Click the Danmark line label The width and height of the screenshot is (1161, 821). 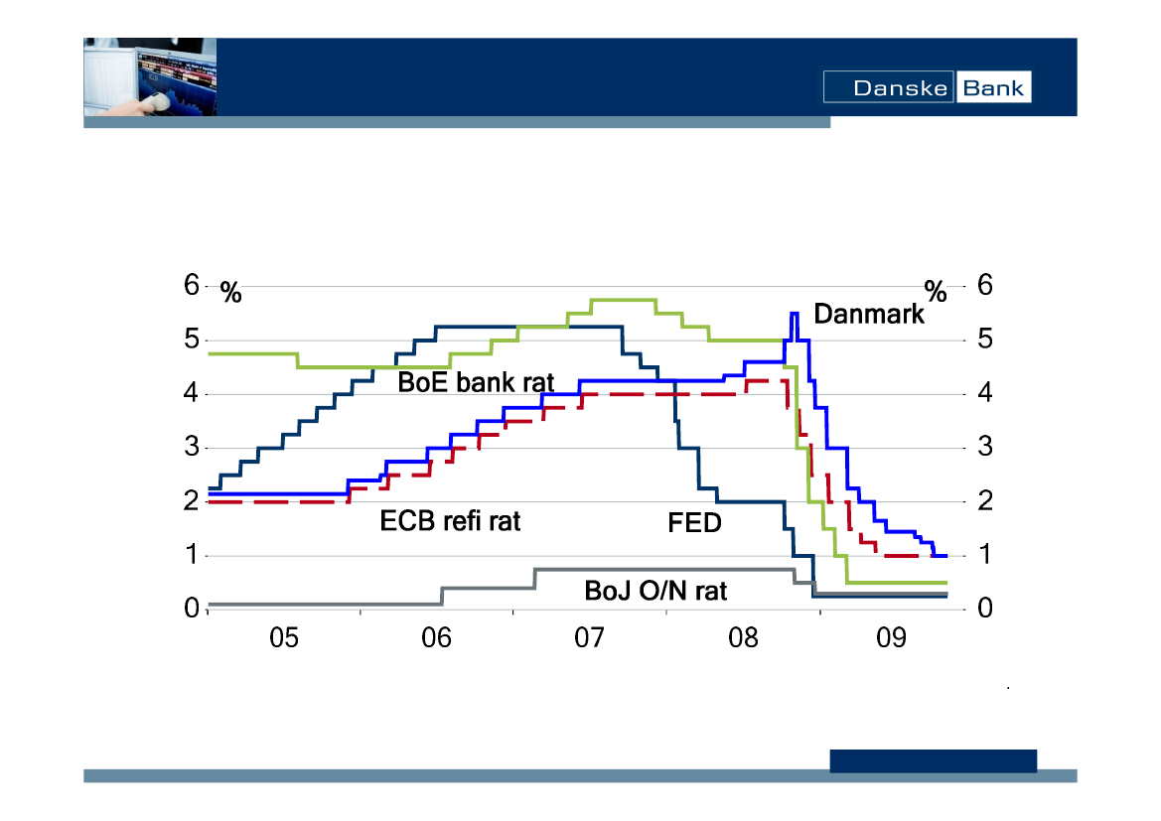pyautogui.click(x=868, y=315)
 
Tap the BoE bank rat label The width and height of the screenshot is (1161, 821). pyautogui.click(x=476, y=382)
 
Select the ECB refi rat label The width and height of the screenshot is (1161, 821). pyautogui.click(x=450, y=521)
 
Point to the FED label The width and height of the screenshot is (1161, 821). pyautogui.click(x=694, y=522)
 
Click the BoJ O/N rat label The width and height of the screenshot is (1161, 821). pyautogui.click(x=655, y=592)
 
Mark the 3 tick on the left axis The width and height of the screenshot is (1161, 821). pyautogui.click(x=192, y=448)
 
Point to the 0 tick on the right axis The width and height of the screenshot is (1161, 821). pyautogui.click(x=985, y=609)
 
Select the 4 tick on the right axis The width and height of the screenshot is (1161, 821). pyautogui.click(x=985, y=394)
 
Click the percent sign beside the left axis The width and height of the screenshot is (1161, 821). pyautogui.click(x=230, y=292)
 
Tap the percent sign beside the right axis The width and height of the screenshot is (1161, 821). pyautogui.click(x=936, y=291)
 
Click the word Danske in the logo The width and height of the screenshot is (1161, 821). pyautogui.click(x=889, y=87)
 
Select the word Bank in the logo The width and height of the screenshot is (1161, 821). pyautogui.click(x=993, y=87)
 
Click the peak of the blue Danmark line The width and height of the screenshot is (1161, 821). pyautogui.click(x=794, y=314)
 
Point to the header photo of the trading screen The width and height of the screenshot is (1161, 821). pyautogui.click(x=149, y=77)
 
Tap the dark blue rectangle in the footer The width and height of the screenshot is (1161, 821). pyautogui.click(x=933, y=760)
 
